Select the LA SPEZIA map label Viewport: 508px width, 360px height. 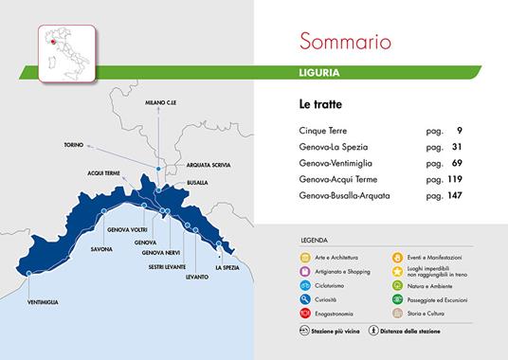[230, 267]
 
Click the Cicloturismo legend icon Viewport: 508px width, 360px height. [305, 284]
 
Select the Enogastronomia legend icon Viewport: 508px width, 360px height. [305, 312]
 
